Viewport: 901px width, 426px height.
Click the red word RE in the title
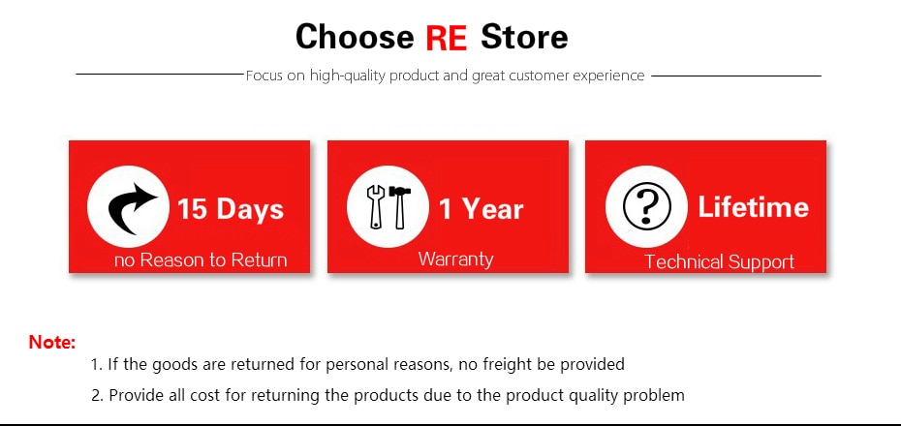pos(446,38)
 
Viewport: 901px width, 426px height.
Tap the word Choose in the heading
pos(355,37)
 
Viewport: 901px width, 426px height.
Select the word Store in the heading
pos(524,37)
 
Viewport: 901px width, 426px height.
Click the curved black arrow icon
pos(133,208)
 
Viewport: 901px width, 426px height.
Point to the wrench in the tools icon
pos(375,206)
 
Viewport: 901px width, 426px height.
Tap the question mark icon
pos(647,206)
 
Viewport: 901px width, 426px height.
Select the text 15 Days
pos(231,209)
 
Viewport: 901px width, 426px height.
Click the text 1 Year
pos(482,208)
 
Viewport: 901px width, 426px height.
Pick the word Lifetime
pos(754,206)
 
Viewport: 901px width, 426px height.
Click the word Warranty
pos(455,259)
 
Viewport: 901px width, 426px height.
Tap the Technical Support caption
pos(720,261)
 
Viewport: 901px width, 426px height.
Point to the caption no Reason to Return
pos(201,260)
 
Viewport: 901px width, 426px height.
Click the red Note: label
pos(52,343)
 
